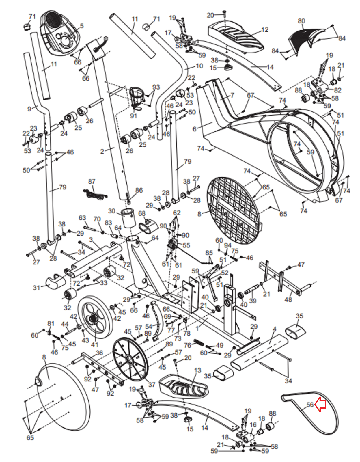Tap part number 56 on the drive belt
pyautogui.click(x=310, y=405)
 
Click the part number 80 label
pyautogui.click(x=301, y=21)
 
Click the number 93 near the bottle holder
pyautogui.click(x=156, y=87)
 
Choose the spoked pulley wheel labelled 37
pyautogui.click(x=130, y=359)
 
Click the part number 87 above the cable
pyautogui.click(x=92, y=181)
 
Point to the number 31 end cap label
pyautogui.click(x=36, y=288)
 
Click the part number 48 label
pyautogui.click(x=288, y=299)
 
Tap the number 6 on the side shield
pyautogui.click(x=194, y=129)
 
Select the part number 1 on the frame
pyautogui.click(x=197, y=328)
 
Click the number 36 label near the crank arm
pyautogui.click(x=99, y=353)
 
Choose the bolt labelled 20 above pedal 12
pyautogui.click(x=225, y=13)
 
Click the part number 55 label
pyautogui.click(x=186, y=245)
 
